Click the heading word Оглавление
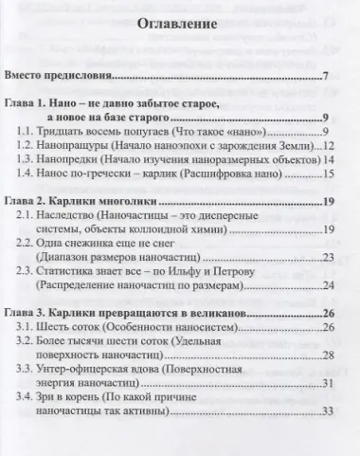click(x=181, y=25)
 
